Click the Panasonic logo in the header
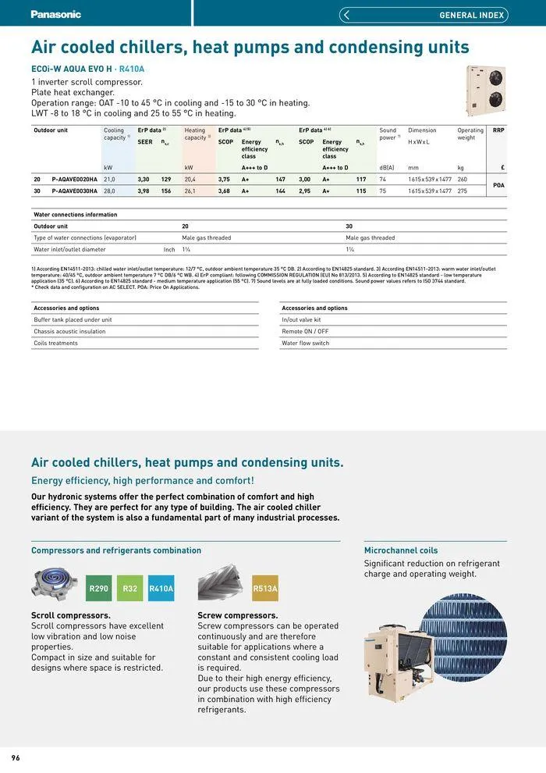[x=55, y=14]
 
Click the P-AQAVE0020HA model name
[x=75, y=179]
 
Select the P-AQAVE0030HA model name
[x=75, y=191]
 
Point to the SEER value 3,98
[x=144, y=191]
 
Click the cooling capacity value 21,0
[x=109, y=179]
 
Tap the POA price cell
[x=499, y=185]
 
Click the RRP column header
[x=498, y=130]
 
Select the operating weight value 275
[x=463, y=191]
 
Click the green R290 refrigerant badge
[x=99, y=588]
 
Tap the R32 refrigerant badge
[x=130, y=588]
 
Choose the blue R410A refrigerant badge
[x=161, y=588]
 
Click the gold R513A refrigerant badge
[x=265, y=588]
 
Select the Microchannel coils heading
[x=401, y=550]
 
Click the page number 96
[x=16, y=758]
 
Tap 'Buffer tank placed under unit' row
[x=73, y=319]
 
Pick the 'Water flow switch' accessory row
[x=305, y=343]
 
